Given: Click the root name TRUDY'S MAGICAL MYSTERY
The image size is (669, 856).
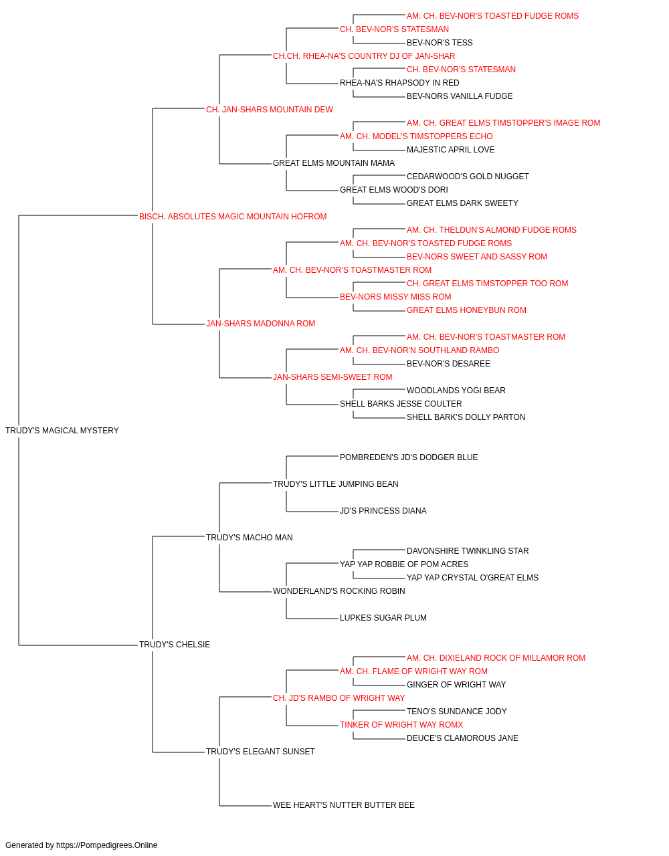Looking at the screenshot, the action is coord(62,431).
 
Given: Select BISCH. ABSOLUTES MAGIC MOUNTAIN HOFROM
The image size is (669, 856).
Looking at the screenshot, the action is coord(233,217).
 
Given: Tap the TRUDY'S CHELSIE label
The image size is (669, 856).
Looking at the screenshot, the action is coord(175,645).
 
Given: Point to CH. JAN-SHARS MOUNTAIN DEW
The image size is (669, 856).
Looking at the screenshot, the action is coord(270,110).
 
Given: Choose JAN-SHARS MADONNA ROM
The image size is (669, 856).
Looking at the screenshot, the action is coord(260,324).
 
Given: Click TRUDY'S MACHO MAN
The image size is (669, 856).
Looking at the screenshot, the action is coord(250,537).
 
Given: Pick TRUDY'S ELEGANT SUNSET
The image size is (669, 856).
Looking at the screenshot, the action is coord(260,752).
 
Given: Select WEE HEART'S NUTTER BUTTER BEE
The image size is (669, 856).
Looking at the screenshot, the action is coord(344,805).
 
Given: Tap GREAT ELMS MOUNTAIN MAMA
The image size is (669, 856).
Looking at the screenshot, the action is coord(334,163).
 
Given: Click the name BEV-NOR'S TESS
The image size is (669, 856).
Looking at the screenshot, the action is coord(440,43).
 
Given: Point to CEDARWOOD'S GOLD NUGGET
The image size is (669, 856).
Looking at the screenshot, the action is coord(468,177).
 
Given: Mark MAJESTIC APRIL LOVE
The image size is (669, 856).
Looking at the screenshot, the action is coord(451,150).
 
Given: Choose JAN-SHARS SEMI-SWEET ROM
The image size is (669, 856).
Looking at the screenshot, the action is coord(332,377).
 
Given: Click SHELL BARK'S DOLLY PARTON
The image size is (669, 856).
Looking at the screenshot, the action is coord(466,417).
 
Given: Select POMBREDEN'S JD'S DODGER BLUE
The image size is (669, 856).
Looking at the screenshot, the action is coord(409,457).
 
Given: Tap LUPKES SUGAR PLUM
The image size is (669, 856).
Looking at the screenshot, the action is coord(383,618).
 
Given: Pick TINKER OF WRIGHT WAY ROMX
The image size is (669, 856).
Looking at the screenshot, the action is coord(401,725).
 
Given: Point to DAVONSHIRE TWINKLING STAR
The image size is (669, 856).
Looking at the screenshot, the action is coord(468,550).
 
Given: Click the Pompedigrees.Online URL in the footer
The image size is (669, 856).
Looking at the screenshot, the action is coord(107,845).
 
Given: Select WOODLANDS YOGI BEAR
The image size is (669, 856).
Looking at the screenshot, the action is coord(456,391).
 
